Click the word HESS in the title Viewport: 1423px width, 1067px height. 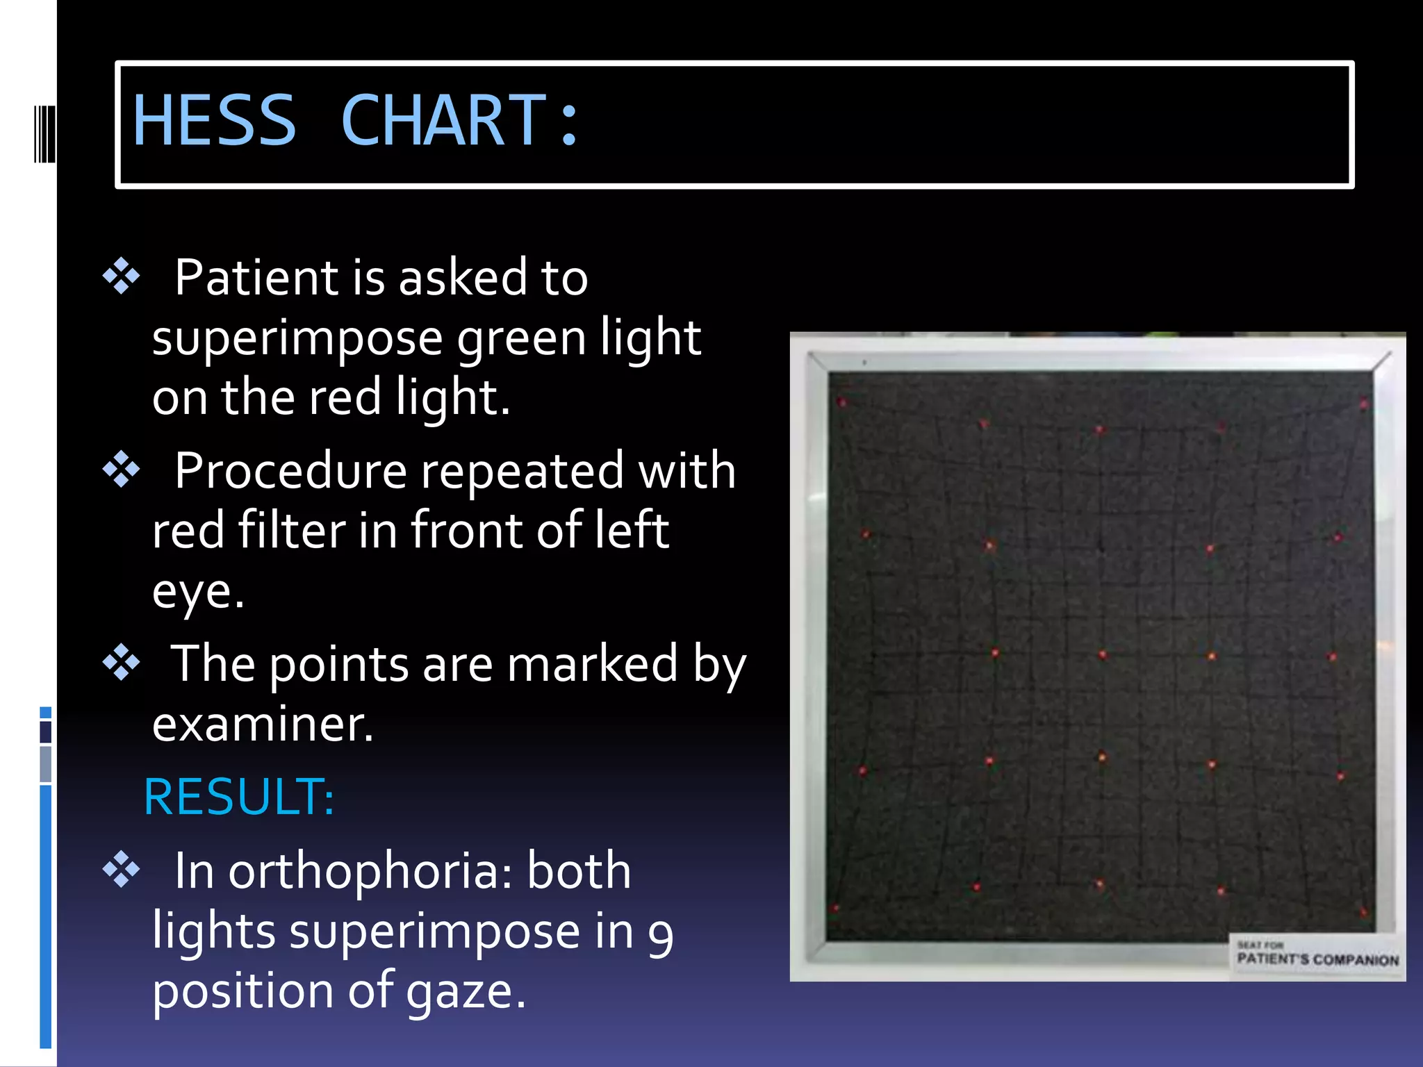pos(214,121)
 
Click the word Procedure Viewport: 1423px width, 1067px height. pos(290,471)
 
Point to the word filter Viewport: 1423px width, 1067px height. pos(291,531)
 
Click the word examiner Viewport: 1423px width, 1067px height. pos(263,725)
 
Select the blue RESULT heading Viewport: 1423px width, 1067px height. pos(239,797)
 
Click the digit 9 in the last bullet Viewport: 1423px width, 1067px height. pos(660,934)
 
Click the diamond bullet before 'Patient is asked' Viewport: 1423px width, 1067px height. pos(122,276)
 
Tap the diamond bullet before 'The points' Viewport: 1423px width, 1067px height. pos(122,663)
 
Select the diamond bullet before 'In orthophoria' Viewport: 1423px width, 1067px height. pos(122,870)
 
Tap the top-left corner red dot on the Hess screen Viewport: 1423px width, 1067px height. pos(842,402)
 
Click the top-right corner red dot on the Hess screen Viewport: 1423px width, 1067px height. pos(1363,404)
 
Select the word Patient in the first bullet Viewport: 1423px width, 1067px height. pos(256,278)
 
